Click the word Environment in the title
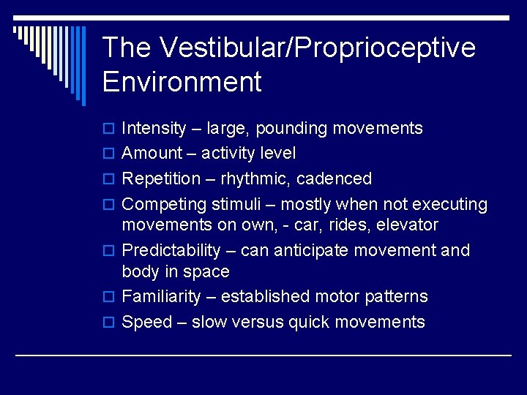click(182, 81)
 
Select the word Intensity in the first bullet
click(154, 129)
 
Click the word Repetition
click(161, 179)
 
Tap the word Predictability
click(171, 250)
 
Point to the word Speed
click(146, 322)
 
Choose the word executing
click(450, 205)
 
